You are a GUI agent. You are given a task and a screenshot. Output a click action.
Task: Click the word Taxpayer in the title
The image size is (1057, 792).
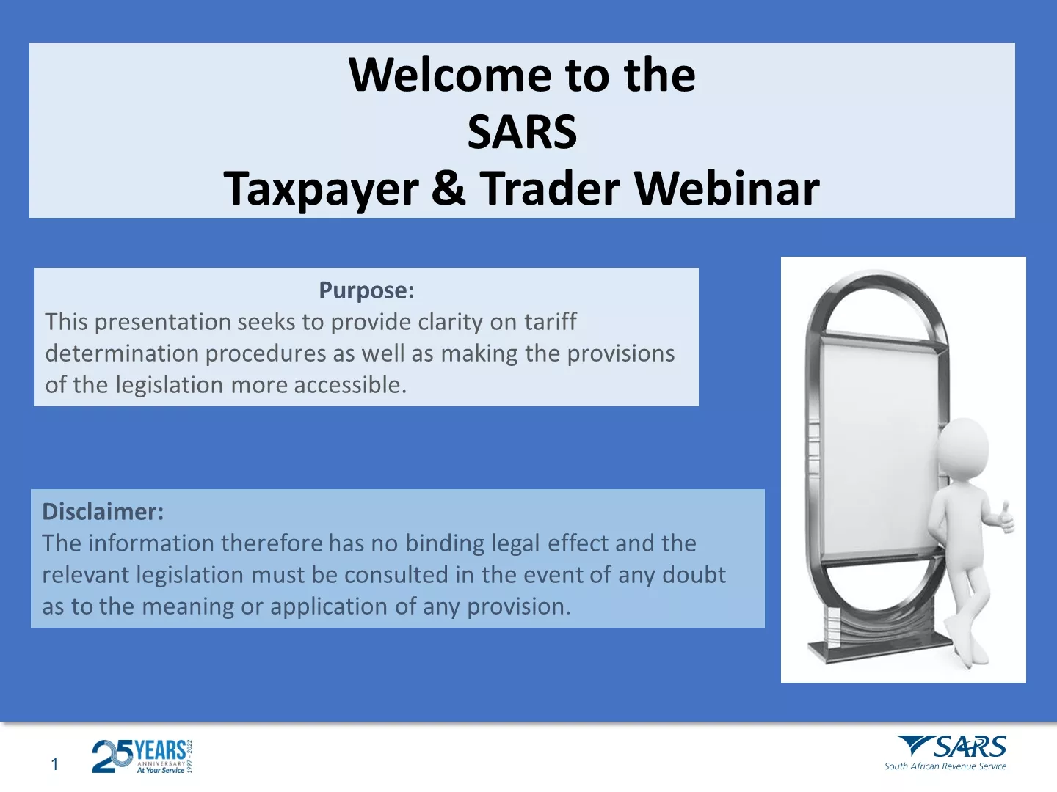(x=321, y=191)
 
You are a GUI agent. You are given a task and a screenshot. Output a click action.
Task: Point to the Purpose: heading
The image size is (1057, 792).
(x=366, y=290)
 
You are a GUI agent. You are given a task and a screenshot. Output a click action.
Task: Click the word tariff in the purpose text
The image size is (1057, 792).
(x=551, y=321)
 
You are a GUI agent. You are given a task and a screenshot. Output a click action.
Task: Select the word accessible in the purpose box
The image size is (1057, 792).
(x=351, y=385)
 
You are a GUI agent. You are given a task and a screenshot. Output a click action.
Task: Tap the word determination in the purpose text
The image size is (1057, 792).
(x=122, y=353)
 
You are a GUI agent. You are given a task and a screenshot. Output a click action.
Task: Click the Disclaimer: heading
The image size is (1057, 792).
(x=103, y=511)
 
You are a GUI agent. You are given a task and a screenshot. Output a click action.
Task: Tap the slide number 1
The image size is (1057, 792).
(x=54, y=763)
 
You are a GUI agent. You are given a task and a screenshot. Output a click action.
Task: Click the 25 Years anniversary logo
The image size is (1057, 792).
(x=142, y=757)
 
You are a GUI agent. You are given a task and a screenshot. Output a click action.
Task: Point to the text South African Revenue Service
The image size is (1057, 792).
(x=945, y=766)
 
